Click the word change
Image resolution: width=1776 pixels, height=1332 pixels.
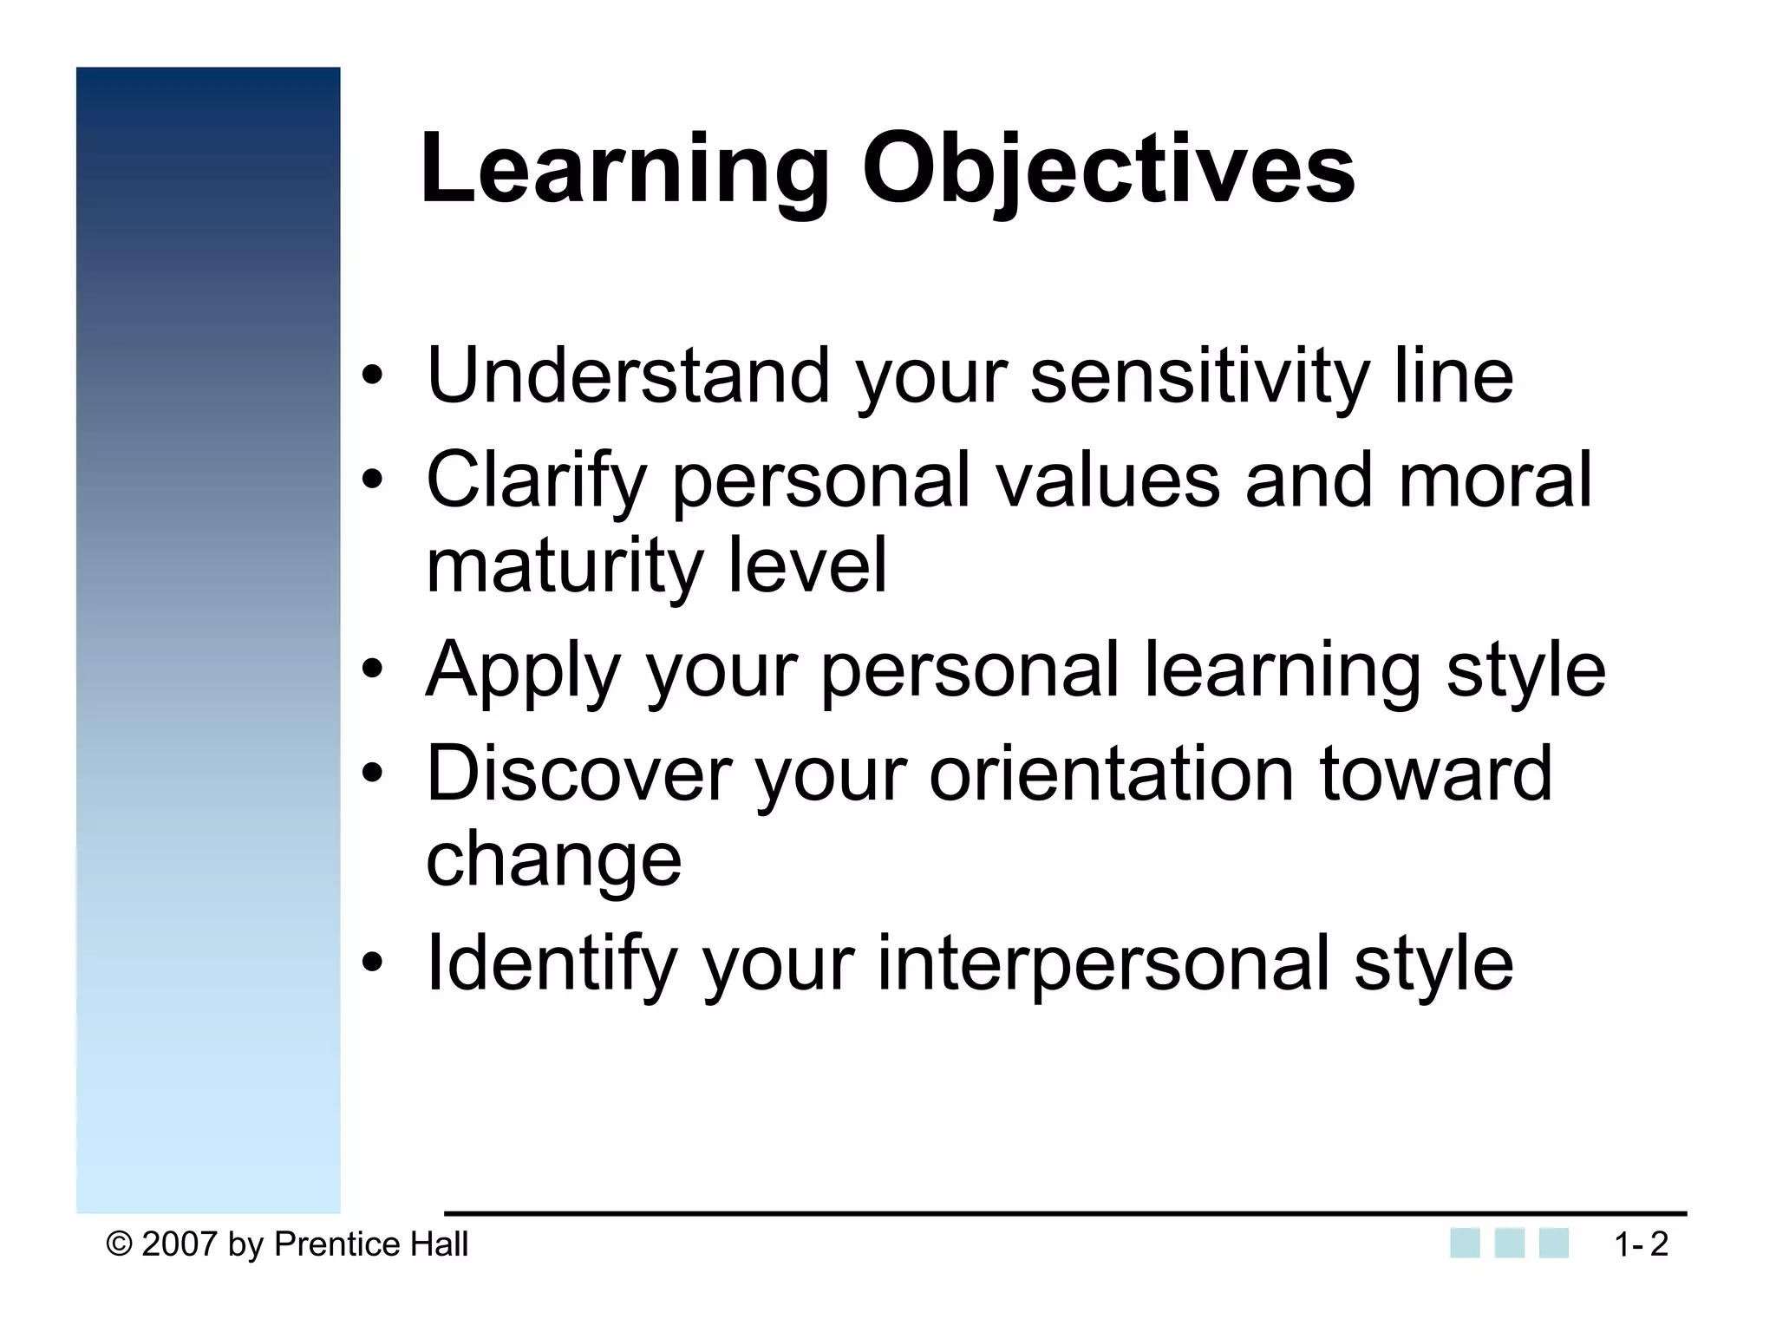click(554, 860)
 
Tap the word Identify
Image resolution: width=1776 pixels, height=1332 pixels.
click(552, 963)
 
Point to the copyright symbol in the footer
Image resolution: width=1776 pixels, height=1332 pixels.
click(119, 1244)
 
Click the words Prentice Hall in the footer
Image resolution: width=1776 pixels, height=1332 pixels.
click(371, 1244)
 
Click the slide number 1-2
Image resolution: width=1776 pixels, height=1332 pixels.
click(1641, 1244)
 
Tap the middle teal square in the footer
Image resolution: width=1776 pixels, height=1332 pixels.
click(1510, 1243)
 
